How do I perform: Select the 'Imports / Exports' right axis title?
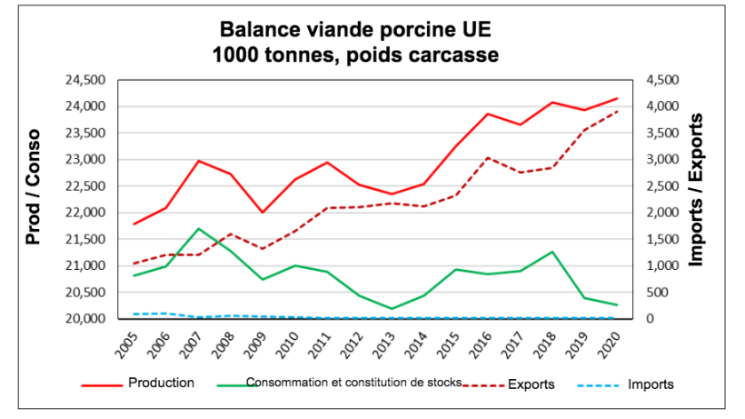click(698, 190)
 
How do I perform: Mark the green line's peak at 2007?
click(198, 228)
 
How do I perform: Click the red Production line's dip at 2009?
click(263, 212)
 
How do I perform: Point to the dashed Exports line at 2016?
click(487, 157)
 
